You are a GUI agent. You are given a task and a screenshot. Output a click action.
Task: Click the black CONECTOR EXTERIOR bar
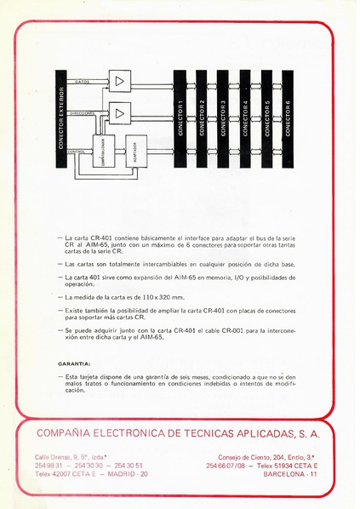point(60,117)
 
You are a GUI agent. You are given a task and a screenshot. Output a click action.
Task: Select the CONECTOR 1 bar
point(180,117)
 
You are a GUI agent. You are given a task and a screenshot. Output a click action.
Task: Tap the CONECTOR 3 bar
point(222,117)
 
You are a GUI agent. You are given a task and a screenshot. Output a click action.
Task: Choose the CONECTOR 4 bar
point(244,117)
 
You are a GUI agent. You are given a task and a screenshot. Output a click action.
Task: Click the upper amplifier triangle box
point(120,81)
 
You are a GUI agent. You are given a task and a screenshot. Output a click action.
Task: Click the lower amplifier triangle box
point(120,111)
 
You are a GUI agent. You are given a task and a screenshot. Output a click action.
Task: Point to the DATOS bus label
point(83,82)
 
